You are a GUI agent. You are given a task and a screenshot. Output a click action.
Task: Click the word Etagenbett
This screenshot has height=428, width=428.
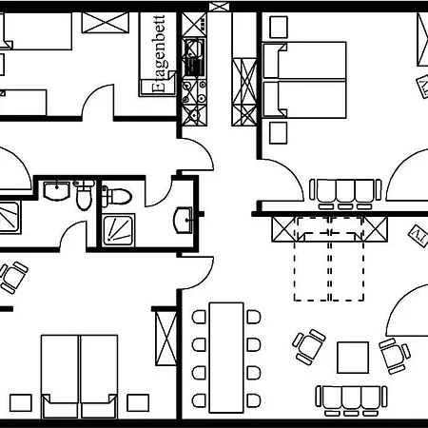(159, 53)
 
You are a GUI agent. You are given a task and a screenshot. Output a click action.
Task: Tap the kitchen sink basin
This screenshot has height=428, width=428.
(193, 49)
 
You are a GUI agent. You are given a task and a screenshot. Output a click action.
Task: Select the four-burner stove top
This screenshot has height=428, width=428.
(194, 92)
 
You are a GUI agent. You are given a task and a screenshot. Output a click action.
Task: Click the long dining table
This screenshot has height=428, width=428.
(226, 358)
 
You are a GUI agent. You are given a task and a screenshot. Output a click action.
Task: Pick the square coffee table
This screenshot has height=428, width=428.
(353, 358)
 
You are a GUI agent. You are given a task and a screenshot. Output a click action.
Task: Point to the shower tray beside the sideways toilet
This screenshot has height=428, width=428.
(118, 230)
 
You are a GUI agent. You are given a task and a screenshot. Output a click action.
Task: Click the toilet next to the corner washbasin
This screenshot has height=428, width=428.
(84, 194)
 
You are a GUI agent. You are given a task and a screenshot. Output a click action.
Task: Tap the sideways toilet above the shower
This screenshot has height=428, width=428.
(116, 196)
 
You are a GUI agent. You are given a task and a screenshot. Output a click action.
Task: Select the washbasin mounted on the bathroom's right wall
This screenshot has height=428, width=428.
(183, 220)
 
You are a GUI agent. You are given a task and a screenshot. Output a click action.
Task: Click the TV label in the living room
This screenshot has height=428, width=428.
(418, 236)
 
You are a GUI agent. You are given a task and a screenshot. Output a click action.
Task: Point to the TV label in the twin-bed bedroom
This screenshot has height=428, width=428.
(423, 87)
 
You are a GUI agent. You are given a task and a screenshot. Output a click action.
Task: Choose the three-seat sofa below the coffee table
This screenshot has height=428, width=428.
(351, 400)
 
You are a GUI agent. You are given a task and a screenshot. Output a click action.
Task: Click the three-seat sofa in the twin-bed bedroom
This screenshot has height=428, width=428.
(345, 194)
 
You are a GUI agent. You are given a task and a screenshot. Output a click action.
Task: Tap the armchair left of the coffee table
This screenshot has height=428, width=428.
(308, 346)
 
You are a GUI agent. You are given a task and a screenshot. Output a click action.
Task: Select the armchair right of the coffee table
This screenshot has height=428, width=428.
(395, 356)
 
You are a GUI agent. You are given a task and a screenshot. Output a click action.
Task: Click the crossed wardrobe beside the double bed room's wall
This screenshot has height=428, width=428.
(165, 338)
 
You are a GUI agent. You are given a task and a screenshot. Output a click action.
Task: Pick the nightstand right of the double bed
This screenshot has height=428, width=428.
(138, 402)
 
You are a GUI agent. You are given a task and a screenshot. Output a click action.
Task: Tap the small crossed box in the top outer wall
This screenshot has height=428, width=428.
(219, 7)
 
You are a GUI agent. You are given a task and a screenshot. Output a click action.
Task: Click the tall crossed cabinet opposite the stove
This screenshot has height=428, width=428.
(244, 92)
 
